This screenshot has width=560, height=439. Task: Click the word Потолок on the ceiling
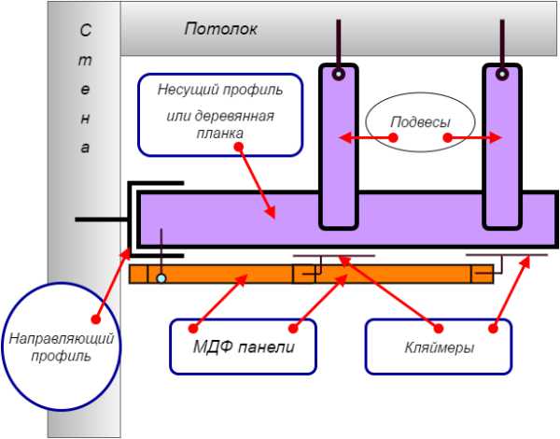(220, 29)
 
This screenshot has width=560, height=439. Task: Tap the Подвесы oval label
(420, 121)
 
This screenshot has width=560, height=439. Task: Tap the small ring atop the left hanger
(339, 73)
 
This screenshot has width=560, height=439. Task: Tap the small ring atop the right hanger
(501, 73)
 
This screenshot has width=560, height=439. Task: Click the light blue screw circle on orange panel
(161, 277)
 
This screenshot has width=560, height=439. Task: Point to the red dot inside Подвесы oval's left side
(393, 138)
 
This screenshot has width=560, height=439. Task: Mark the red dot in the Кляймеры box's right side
(493, 327)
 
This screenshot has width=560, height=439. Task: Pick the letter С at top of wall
(85, 31)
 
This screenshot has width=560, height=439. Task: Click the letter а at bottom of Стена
(85, 149)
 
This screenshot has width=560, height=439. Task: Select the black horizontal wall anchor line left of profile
(101, 219)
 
